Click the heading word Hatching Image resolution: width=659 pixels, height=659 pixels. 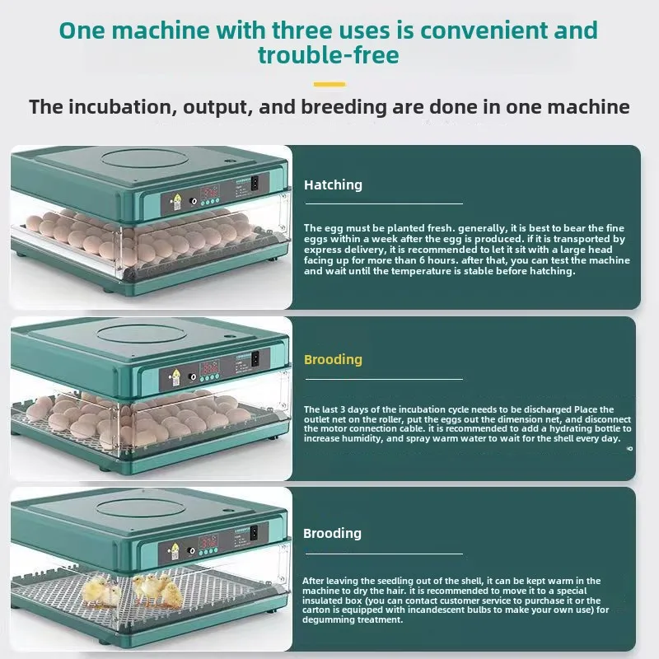coord(333,185)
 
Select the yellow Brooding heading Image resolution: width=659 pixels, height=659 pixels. coord(333,360)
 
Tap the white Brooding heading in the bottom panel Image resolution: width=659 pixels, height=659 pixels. coord(332,533)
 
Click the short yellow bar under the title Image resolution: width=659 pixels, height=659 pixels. coord(329,83)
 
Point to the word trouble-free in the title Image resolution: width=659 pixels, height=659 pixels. coord(329,55)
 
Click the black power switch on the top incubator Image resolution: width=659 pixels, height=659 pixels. coord(254,183)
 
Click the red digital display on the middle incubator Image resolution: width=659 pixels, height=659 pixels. coord(211,367)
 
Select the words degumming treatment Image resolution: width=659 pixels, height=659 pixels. coord(353,621)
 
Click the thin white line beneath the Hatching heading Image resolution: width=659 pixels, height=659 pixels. coord(383,203)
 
